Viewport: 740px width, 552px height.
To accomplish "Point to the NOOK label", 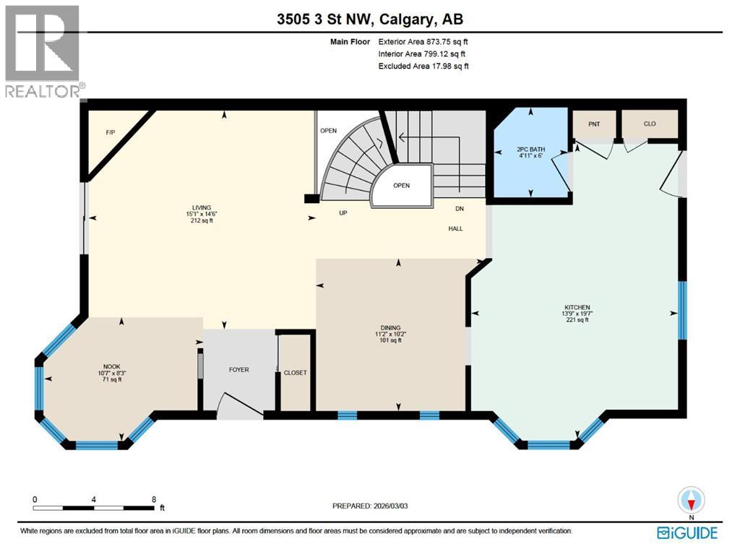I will click(110, 366).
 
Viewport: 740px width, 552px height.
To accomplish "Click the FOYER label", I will click(238, 370).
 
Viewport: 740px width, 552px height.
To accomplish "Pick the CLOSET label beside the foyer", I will click(295, 373).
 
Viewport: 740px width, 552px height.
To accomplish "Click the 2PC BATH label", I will click(530, 150).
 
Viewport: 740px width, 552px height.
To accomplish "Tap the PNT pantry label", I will click(594, 124).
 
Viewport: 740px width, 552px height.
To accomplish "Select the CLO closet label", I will click(650, 124).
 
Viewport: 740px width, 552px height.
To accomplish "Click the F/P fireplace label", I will click(111, 133).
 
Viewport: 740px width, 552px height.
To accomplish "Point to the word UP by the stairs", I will click(344, 213).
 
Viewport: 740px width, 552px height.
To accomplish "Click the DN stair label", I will click(459, 209).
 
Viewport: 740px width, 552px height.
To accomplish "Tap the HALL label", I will click(455, 229).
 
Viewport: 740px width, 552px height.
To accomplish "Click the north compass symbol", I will click(692, 499).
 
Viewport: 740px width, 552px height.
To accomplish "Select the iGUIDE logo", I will click(687, 533).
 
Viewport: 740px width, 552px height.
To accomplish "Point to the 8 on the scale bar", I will click(154, 499).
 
